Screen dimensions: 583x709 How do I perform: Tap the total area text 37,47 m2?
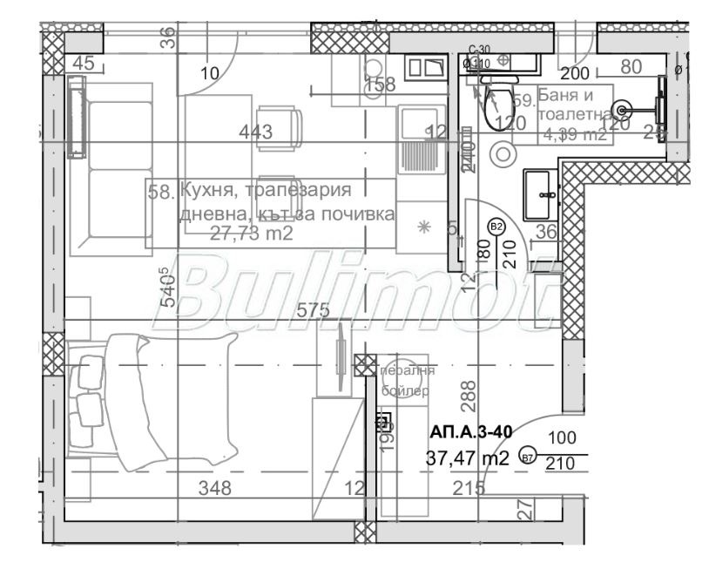click(x=467, y=458)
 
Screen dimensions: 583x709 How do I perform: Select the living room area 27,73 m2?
click(x=251, y=233)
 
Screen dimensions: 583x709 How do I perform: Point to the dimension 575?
click(x=313, y=309)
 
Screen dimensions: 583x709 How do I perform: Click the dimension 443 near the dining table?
click(x=256, y=132)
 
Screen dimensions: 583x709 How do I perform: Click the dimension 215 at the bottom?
click(x=467, y=488)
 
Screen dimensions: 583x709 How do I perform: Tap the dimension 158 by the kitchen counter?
click(x=380, y=85)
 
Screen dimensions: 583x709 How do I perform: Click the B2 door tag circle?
click(x=496, y=227)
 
